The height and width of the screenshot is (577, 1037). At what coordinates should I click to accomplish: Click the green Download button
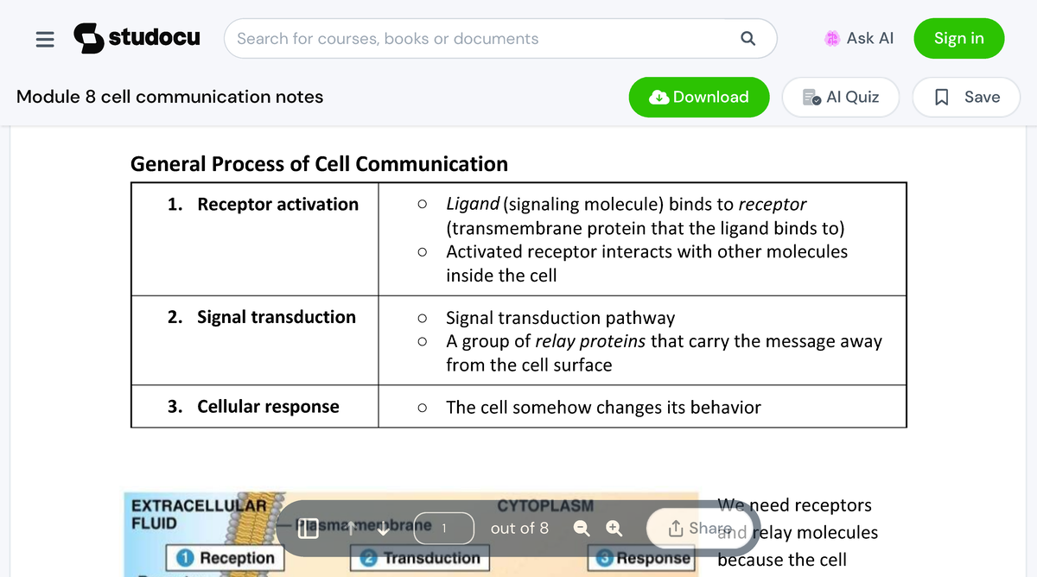tap(699, 97)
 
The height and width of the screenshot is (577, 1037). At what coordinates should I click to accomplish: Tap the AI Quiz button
tap(840, 97)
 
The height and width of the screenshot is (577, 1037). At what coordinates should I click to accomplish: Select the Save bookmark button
tap(968, 97)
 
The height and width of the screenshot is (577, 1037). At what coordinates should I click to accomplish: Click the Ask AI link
tap(859, 38)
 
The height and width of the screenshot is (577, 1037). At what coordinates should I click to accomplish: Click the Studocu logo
tap(137, 38)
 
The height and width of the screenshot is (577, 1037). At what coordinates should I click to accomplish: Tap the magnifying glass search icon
tap(748, 39)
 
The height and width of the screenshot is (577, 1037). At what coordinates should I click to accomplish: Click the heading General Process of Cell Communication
tap(319, 164)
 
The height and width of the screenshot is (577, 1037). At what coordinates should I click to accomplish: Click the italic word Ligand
tap(472, 205)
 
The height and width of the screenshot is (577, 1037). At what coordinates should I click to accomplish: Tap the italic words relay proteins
tap(590, 341)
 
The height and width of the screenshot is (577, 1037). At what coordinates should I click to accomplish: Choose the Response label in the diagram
tap(641, 558)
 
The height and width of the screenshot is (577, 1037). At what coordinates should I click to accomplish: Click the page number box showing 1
tap(444, 527)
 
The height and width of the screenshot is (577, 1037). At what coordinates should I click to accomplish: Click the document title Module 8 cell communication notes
tap(169, 97)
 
